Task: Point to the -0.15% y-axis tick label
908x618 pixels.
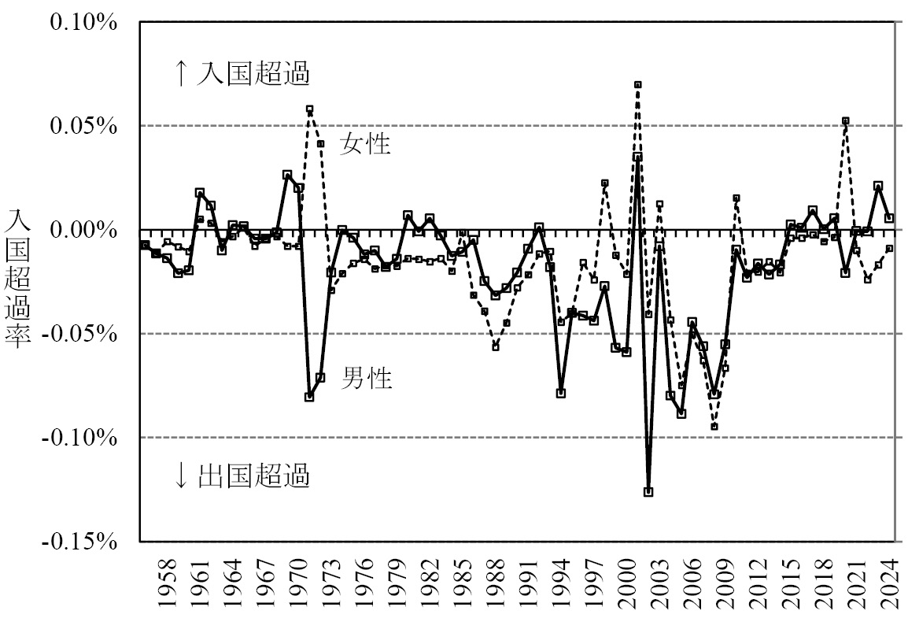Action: tap(80, 542)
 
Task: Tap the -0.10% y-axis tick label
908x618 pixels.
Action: tap(80, 438)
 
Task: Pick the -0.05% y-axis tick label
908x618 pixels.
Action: tap(80, 334)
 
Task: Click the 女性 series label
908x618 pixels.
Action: tap(365, 144)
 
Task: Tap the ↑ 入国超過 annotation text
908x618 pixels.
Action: tap(242, 74)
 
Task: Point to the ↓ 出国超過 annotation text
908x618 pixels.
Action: tap(242, 476)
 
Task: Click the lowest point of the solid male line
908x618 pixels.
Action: tap(648, 492)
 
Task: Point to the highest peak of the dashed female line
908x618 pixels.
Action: tap(637, 84)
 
